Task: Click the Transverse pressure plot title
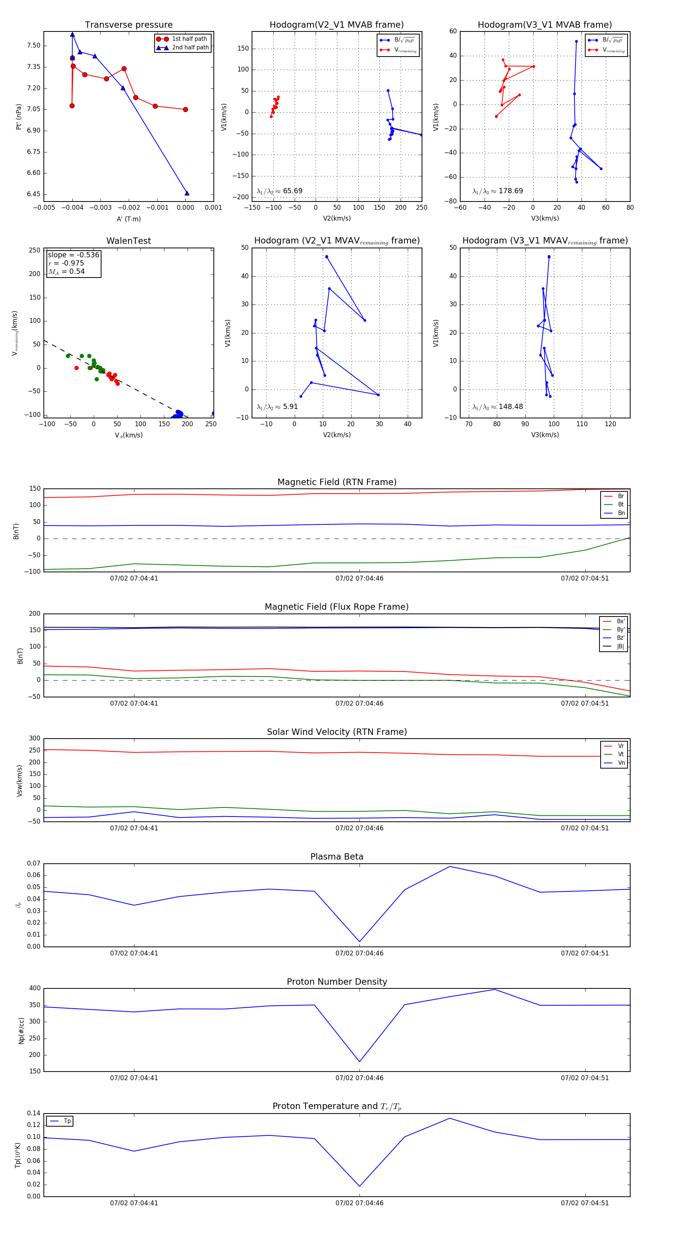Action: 128,25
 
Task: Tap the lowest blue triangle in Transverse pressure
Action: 186,193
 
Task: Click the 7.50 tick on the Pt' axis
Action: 34,46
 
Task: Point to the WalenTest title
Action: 128,241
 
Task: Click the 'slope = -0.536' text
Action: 73,255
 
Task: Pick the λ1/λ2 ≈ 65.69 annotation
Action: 280,191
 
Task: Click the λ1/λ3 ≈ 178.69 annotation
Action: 498,191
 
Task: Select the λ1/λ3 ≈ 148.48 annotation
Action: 498,407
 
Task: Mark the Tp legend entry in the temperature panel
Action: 67,1121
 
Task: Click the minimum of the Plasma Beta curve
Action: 359,942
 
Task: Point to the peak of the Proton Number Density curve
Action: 495,990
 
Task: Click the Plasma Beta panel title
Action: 337,857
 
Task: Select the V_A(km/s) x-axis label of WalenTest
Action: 128,435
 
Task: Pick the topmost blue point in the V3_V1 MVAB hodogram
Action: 576,41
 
